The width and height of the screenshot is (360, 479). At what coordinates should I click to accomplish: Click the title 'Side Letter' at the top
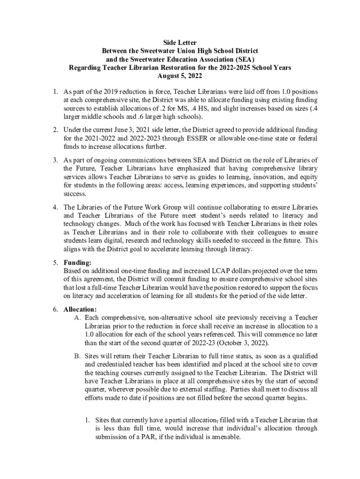180,42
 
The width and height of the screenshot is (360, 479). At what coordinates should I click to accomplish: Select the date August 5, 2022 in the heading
180,76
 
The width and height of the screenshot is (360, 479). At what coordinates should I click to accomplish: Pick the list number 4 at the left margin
54,207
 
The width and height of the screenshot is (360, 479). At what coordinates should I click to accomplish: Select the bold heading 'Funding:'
78,263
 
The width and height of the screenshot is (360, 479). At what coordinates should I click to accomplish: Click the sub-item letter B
77,356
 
